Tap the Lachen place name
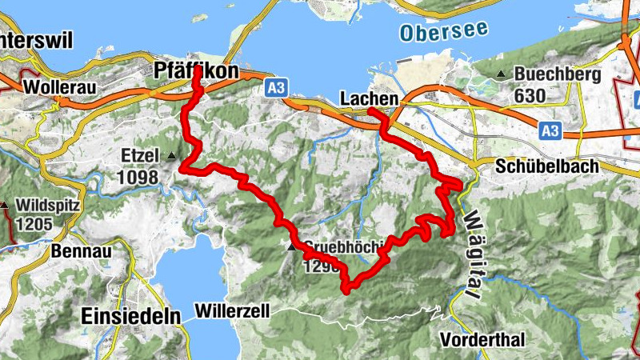click(x=369, y=98)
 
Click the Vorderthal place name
click(x=483, y=340)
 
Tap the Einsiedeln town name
click(x=130, y=316)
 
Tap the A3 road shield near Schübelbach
click(x=550, y=130)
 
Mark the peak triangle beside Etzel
click(x=172, y=154)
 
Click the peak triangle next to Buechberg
click(x=501, y=75)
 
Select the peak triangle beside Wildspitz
click(x=5, y=205)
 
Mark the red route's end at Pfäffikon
click(x=198, y=70)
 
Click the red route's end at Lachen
click(x=373, y=110)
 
